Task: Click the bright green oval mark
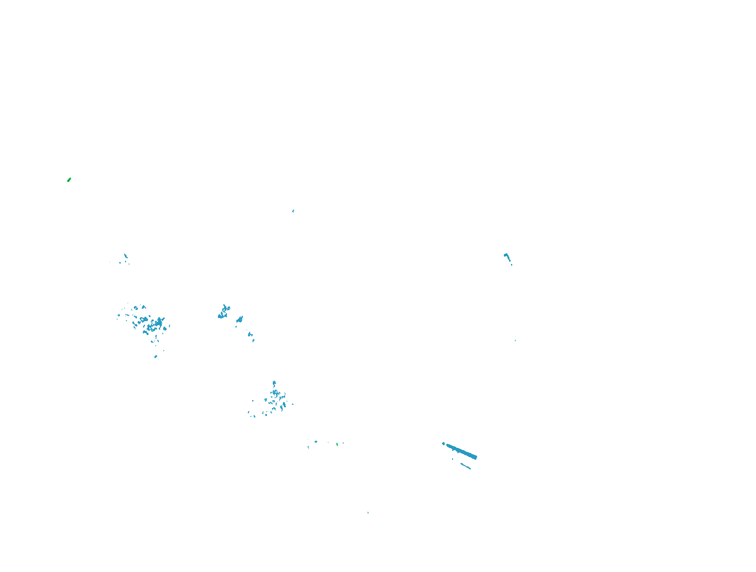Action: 69,180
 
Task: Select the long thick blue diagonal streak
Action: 461,451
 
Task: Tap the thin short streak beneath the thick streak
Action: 466,466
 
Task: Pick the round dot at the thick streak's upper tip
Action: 443,443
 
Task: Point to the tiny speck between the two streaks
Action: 453,459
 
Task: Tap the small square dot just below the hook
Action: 511,264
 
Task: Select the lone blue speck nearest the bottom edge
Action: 368,512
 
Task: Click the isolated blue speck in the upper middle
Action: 293,211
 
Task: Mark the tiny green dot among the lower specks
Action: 337,444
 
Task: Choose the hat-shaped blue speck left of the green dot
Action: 316,441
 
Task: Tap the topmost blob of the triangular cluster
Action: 274,383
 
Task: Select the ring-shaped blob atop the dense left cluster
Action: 136,308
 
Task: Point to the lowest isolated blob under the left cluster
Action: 156,356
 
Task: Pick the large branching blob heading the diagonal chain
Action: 224,312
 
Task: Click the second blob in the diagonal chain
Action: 239,320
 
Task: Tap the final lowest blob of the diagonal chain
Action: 253,340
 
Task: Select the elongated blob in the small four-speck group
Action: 125,256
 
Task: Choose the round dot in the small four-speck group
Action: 120,262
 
